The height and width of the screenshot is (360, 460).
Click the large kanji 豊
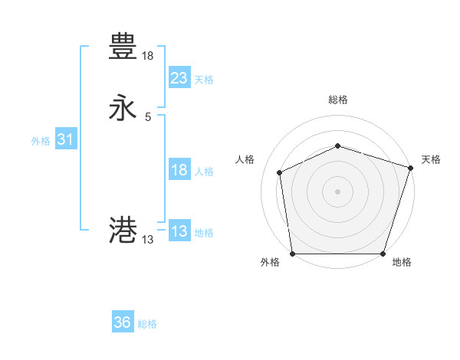[x=123, y=47]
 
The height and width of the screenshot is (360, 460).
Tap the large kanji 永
[x=123, y=108]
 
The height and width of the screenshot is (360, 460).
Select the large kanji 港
[x=123, y=230]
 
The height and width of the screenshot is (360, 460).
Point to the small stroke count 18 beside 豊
[x=148, y=56]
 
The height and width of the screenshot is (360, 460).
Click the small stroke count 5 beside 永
[x=148, y=117]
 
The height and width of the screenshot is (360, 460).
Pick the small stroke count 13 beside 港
[x=148, y=240]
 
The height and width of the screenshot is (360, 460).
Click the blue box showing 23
[x=179, y=78]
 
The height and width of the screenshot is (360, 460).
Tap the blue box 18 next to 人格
[x=179, y=170]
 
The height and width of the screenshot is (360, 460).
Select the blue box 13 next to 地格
[x=179, y=231]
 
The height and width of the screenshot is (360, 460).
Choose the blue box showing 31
[x=65, y=139]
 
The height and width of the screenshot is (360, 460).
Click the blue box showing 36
[x=123, y=322]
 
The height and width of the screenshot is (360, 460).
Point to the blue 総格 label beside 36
[x=147, y=324]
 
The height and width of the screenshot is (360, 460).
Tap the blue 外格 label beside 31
[x=41, y=141]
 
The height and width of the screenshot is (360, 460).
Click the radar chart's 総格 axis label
[x=337, y=100]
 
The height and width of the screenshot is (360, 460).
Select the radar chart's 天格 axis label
[x=431, y=159]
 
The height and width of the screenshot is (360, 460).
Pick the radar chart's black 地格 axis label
[x=402, y=263]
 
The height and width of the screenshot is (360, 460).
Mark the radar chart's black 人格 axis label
[x=245, y=159]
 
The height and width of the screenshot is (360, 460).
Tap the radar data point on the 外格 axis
[x=292, y=254]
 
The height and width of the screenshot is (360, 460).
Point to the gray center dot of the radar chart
[x=337, y=191]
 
